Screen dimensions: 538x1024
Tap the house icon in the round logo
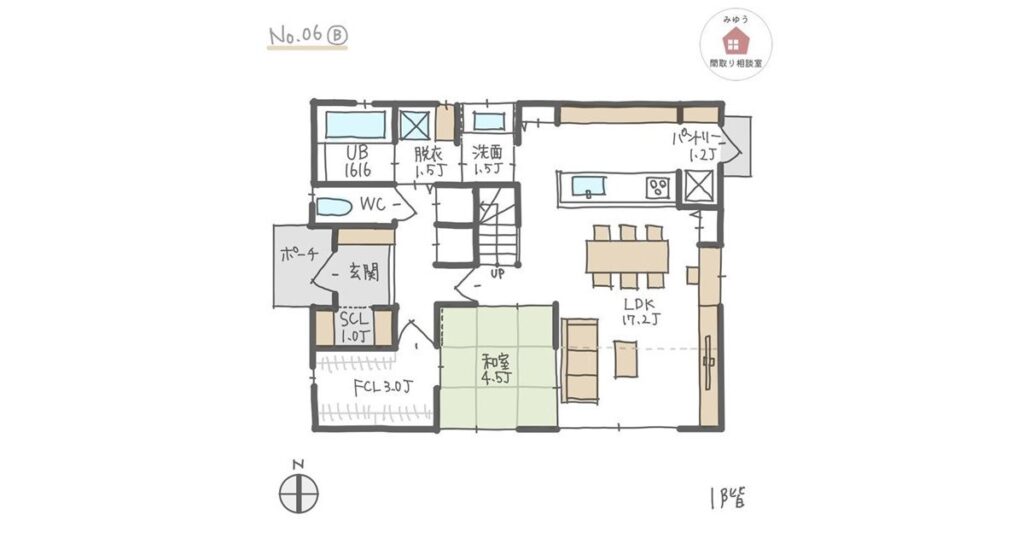click(x=735, y=40)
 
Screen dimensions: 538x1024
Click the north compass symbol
click(x=297, y=493)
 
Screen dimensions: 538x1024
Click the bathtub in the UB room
click(x=355, y=125)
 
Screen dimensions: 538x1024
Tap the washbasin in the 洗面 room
click(x=488, y=122)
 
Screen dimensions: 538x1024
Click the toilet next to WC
click(x=334, y=208)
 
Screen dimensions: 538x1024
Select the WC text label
click(x=373, y=205)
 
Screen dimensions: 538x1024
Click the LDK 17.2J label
click(x=639, y=312)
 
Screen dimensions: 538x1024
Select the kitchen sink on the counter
click(x=588, y=185)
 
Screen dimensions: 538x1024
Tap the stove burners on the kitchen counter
click(x=658, y=186)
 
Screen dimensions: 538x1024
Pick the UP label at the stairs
click(x=497, y=272)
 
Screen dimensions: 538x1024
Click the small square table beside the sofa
click(x=626, y=359)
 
